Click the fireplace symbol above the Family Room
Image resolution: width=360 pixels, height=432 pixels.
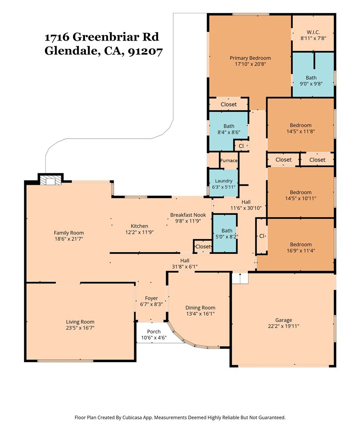point(50,181)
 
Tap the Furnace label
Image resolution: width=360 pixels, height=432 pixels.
point(229,161)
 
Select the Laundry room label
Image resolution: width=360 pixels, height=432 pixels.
point(223,181)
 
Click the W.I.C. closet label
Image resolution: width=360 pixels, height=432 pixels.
point(313,32)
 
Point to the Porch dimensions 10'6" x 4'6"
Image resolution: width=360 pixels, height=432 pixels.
point(154,338)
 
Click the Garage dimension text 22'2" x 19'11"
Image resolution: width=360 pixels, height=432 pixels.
point(283,326)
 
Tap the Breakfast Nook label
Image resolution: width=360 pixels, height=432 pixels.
point(188,215)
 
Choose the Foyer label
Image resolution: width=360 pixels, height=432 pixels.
point(151,298)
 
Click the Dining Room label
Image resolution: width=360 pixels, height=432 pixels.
point(200,308)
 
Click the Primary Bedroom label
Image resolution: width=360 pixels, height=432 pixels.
point(250,58)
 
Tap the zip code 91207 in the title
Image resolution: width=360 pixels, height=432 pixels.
point(146,51)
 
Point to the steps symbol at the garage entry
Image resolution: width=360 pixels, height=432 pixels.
point(240,278)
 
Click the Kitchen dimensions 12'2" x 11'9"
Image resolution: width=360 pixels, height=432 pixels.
point(139,232)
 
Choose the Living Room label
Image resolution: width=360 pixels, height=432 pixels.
point(80,322)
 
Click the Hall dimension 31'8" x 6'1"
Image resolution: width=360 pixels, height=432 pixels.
point(185,267)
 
